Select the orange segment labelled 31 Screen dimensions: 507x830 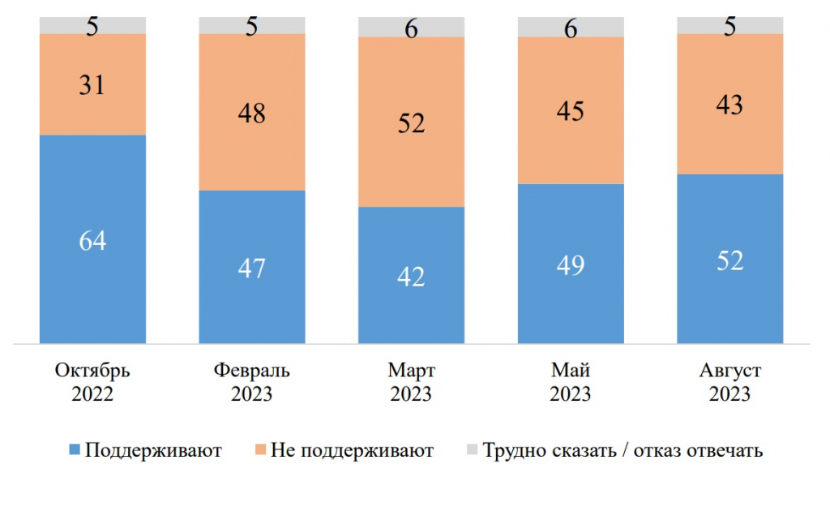(92, 84)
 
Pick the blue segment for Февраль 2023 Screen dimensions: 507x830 (252, 267)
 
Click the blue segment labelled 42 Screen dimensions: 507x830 (411, 275)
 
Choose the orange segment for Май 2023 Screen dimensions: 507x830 (571, 110)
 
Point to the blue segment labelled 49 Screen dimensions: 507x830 (571, 264)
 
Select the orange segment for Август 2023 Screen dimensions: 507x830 (729, 104)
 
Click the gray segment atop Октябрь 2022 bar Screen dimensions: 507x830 (92, 25)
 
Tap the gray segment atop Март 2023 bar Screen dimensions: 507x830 (411, 27)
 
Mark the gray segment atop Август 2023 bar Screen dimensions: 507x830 (729, 25)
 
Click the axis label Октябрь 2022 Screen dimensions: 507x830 (92, 383)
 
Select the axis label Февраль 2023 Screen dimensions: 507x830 (252, 383)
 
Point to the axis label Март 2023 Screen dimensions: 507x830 (411, 383)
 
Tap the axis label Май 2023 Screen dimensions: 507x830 (571, 383)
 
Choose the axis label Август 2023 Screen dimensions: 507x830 (729, 383)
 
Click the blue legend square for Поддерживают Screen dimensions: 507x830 (74, 450)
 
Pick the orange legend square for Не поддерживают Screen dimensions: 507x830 (260, 450)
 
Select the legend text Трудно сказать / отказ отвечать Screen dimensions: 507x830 (622, 450)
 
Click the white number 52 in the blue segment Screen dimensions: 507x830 (729, 260)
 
